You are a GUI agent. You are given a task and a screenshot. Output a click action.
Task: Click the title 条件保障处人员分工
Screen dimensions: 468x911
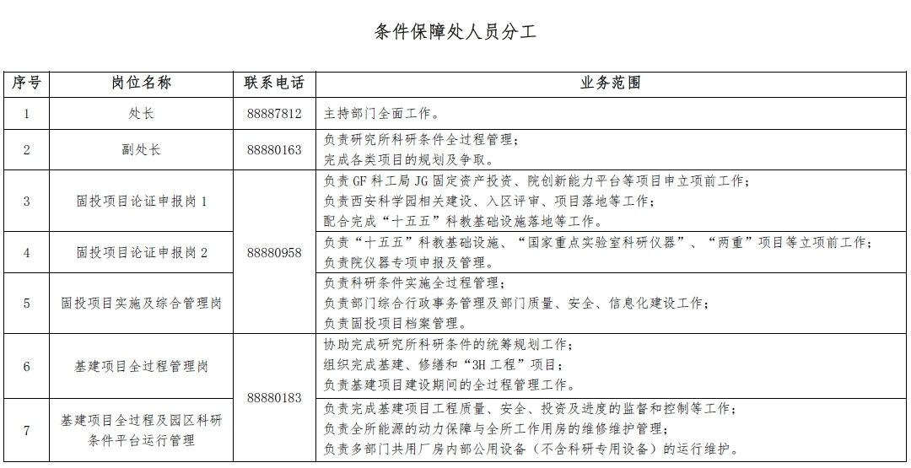[x=455, y=33]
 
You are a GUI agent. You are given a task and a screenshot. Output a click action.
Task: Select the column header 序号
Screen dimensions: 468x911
[x=26, y=83]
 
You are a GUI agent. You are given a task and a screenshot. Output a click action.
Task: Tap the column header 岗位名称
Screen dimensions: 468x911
[x=141, y=83]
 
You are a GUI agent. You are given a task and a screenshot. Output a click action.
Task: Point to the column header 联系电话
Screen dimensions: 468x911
[x=274, y=83]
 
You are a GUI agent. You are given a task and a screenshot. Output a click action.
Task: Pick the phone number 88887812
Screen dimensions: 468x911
[x=274, y=113]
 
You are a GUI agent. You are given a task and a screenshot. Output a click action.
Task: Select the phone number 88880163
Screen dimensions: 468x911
[x=274, y=150]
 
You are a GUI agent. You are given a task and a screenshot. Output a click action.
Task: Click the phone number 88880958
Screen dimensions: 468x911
[x=274, y=252]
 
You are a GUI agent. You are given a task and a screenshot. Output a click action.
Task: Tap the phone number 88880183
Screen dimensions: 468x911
[x=274, y=398]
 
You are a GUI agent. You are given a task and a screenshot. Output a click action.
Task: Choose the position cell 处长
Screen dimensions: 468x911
[x=141, y=113]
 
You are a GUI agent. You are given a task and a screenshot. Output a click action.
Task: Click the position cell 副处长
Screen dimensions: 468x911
[x=141, y=150]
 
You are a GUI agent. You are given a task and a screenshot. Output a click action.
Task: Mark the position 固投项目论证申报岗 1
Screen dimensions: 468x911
[x=141, y=202]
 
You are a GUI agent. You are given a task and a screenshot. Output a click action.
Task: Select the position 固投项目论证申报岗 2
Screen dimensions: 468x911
[x=141, y=252]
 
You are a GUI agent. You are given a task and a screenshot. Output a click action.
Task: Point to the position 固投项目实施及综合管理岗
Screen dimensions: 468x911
[x=141, y=303]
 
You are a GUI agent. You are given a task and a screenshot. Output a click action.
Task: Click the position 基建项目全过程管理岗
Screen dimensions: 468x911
[x=141, y=367]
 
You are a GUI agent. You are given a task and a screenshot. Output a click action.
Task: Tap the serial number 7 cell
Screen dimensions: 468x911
[x=26, y=430]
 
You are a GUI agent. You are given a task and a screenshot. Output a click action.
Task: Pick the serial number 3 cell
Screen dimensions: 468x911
[x=26, y=202]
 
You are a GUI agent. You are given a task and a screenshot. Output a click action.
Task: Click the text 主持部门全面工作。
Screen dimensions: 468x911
[x=381, y=113]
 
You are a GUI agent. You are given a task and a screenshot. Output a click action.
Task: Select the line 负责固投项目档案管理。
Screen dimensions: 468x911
[x=395, y=322]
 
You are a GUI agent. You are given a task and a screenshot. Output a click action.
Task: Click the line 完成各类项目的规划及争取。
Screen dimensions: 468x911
[x=408, y=159]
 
